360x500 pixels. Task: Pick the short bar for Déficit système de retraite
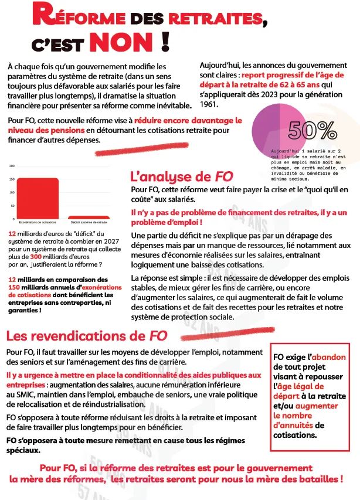[x=89, y=217]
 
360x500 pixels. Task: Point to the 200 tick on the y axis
[x=12, y=166]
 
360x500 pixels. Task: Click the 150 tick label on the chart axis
[x=12, y=179]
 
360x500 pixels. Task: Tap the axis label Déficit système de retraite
[x=89, y=223]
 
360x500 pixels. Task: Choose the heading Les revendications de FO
[x=86, y=336]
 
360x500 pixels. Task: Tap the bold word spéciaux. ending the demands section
[x=23, y=450]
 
